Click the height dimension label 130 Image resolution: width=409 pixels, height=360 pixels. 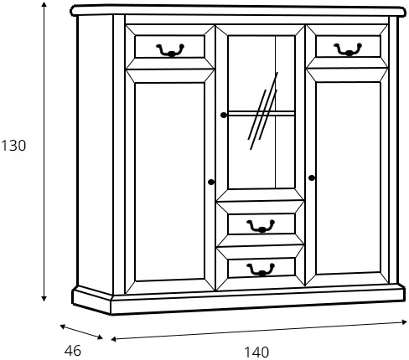pos(13,146)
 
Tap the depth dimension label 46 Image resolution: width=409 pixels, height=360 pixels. pos(73,351)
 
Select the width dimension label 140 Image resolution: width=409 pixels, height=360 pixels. pos(256,352)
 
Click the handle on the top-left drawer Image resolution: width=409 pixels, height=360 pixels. pos(170,50)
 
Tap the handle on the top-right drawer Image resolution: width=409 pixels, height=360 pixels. pos(348,49)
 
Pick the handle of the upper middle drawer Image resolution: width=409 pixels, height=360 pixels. pos(261,226)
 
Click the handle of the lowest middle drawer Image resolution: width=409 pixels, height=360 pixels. pos(261,270)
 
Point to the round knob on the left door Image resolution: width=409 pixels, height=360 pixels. pos(211,182)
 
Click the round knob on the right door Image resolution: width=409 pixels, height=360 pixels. pos(312,177)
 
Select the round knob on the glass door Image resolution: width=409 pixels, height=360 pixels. pos(224,115)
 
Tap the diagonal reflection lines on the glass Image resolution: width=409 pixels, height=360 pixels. pos(263,111)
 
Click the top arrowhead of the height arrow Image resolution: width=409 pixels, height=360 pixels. pos(44,4)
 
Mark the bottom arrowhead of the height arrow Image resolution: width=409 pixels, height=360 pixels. pos(44,298)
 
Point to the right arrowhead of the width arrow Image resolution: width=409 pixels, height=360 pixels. pos(404,322)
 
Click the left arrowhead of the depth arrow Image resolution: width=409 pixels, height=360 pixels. pos(63,327)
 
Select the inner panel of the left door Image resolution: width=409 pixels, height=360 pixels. pos(169,182)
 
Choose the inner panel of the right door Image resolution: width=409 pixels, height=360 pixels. pos(349,178)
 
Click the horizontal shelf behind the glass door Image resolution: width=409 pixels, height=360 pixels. pos(261,113)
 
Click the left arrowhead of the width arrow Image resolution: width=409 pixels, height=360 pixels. pos(114,339)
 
